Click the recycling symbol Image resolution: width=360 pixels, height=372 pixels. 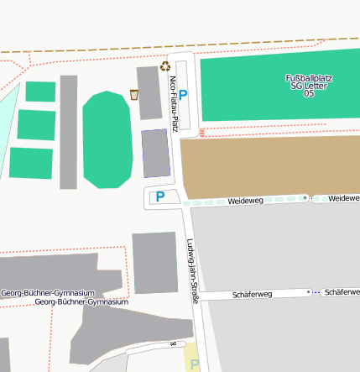(x=165, y=65)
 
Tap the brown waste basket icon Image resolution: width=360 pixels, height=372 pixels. (x=134, y=94)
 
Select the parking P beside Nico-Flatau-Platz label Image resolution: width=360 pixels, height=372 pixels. (x=184, y=96)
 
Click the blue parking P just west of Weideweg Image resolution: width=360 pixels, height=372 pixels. (x=159, y=197)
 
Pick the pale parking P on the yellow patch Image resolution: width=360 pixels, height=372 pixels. (x=195, y=364)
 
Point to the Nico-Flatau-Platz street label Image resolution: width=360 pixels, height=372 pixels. (x=174, y=102)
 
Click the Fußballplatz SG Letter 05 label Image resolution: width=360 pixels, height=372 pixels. (x=310, y=86)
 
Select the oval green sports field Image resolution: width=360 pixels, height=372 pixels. (x=107, y=140)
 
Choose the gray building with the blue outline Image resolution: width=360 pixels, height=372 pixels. (x=154, y=153)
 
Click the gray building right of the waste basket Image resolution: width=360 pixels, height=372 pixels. (x=149, y=92)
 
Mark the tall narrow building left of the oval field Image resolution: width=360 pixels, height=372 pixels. (x=68, y=132)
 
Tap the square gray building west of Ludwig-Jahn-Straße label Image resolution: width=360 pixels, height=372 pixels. (x=154, y=263)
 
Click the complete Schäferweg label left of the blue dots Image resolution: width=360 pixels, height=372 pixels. (x=252, y=295)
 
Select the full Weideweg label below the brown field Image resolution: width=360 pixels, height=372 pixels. (x=246, y=202)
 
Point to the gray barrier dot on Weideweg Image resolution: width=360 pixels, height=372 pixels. (x=305, y=198)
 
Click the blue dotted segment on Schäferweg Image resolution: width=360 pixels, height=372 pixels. (x=313, y=291)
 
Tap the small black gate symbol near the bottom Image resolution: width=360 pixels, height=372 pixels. (x=175, y=343)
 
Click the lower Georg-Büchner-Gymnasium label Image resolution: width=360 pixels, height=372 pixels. (x=81, y=301)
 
